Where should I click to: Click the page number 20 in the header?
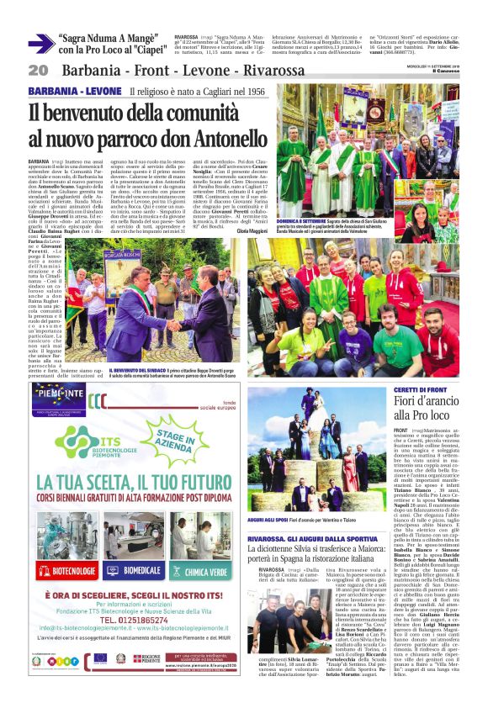point(37,69)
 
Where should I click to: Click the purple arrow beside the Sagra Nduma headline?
point(40,44)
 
